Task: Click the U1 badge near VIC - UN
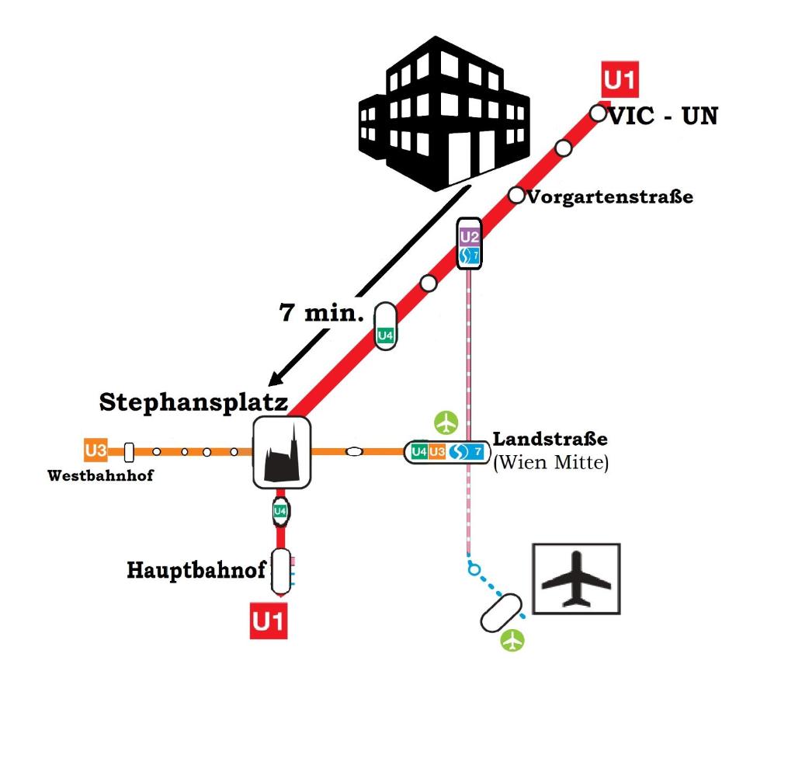(620, 79)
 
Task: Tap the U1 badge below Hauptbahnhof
(268, 621)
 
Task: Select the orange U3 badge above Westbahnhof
(95, 450)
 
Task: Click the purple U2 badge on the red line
(470, 236)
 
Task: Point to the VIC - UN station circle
(599, 113)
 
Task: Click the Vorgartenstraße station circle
(516, 195)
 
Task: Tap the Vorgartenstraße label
(610, 196)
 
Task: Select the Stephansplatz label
(193, 402)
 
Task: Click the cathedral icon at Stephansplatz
(282, 453)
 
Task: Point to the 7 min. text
(321, 312)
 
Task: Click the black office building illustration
(444, 113)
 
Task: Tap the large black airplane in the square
(576, 579)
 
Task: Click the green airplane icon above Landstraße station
(446, 422)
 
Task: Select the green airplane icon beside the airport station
(512, 640)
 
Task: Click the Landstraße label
(550, 439)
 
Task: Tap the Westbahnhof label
(100, 475)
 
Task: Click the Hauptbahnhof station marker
(281, 572)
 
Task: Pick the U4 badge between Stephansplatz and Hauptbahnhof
(280, 511)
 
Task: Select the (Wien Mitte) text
(550, 462)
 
